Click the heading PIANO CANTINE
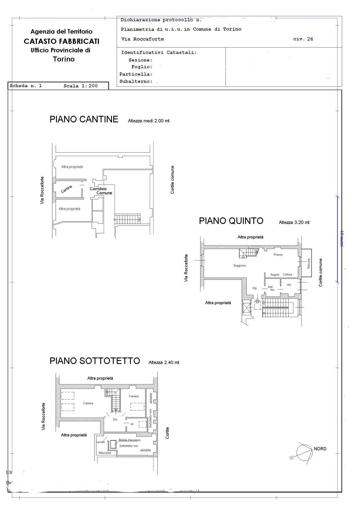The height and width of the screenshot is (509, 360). [x=84, y=119]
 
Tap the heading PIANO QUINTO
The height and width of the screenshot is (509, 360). [x=231, y=221]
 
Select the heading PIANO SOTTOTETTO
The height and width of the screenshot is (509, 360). [x=95, y=361]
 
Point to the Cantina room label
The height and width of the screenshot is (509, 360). [x=67, y=189]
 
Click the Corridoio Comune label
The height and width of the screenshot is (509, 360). [x=101, y=191]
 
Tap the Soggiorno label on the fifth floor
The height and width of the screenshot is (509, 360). [x=239, y=266]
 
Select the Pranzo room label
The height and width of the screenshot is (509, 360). [x=278, y=255]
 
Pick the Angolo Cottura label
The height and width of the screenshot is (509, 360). [x=281, y=275]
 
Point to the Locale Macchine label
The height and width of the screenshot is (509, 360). [x=103, y=447]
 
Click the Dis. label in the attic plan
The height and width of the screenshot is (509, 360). [x=115, y=420]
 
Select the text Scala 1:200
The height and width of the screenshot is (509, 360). [x=81, y=86]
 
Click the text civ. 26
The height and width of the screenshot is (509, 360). [x=303, y=39]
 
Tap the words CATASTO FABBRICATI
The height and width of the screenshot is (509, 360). [x=62, y=41]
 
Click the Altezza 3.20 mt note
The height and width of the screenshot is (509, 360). [x=294, y=222]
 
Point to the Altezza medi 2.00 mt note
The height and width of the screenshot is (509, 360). [x=149, y=121]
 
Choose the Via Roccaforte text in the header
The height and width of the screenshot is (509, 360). [x=143, y=39]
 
